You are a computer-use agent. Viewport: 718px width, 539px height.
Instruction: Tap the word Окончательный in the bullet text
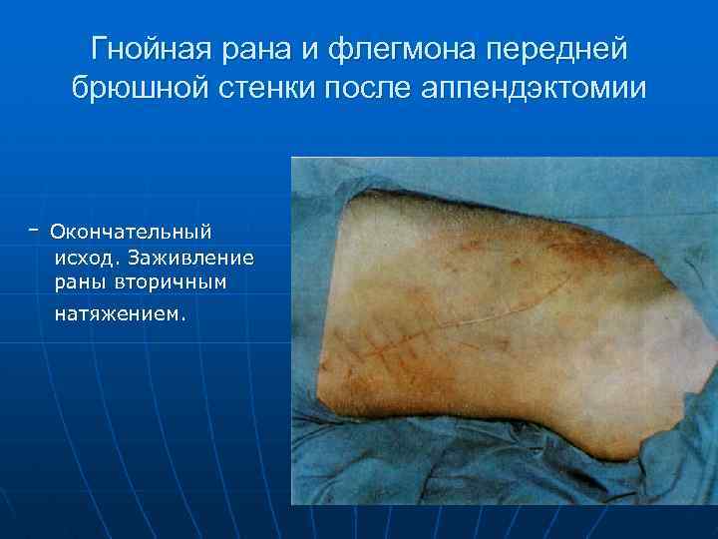pyautogui.click(x=131, y=232)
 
